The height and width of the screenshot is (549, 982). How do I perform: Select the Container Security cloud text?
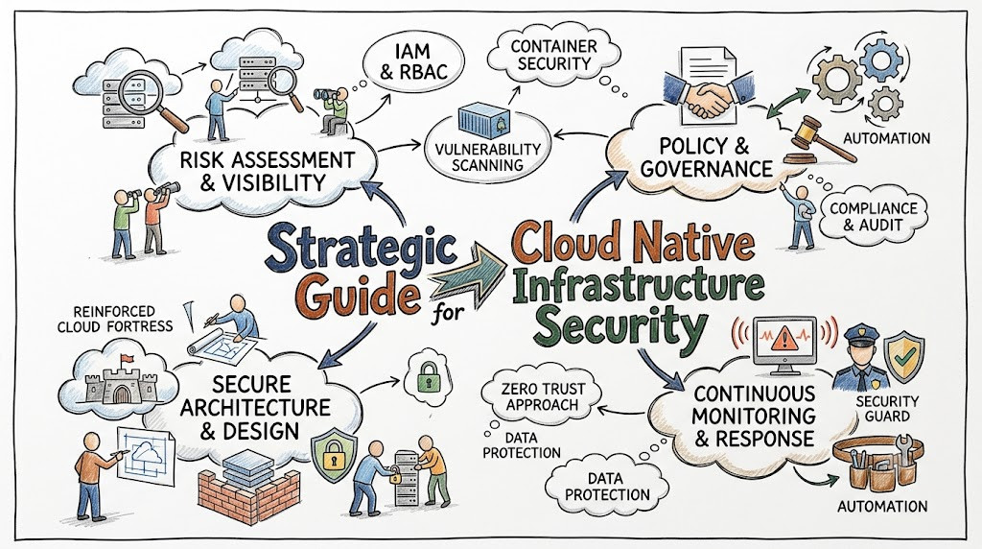[x=553, y=55]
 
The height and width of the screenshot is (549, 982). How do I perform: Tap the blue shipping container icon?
[x=482, y=123]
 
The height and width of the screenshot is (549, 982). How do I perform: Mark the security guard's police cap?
[x=862, y=333]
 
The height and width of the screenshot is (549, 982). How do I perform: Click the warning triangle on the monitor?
[x=783, y=339]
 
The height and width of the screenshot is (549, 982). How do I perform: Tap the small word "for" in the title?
[x=449, y=312]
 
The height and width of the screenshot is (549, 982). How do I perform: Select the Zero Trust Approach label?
[x=543, y=396]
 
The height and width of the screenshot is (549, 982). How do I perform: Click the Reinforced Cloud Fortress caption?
[x=115, y=319]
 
